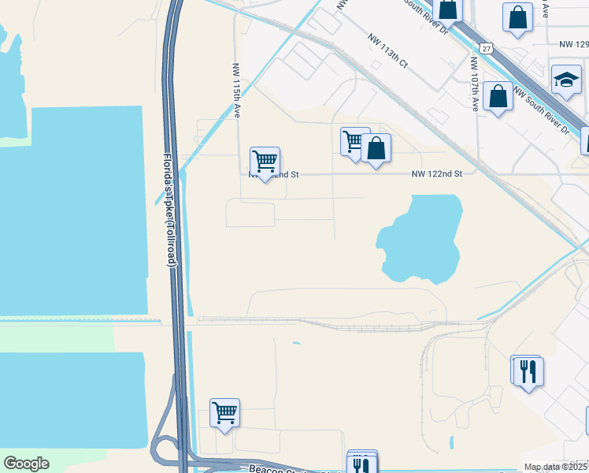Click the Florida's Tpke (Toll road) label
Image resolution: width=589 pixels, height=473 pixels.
(169, 213)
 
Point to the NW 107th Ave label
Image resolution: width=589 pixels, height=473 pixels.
(475, 84)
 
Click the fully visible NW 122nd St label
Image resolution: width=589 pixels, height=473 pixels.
(436, 174)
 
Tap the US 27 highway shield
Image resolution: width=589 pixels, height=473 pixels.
(488, 48)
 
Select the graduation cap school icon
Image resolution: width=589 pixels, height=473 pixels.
(565, 80)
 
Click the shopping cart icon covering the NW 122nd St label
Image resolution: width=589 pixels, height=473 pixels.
(265, 162)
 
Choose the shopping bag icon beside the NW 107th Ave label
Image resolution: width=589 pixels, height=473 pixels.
(498, 97)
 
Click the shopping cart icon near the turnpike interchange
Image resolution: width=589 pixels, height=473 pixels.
(224, 412)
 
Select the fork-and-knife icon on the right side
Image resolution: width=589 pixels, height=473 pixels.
(527, 370)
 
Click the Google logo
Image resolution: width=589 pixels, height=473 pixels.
(27, 464)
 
